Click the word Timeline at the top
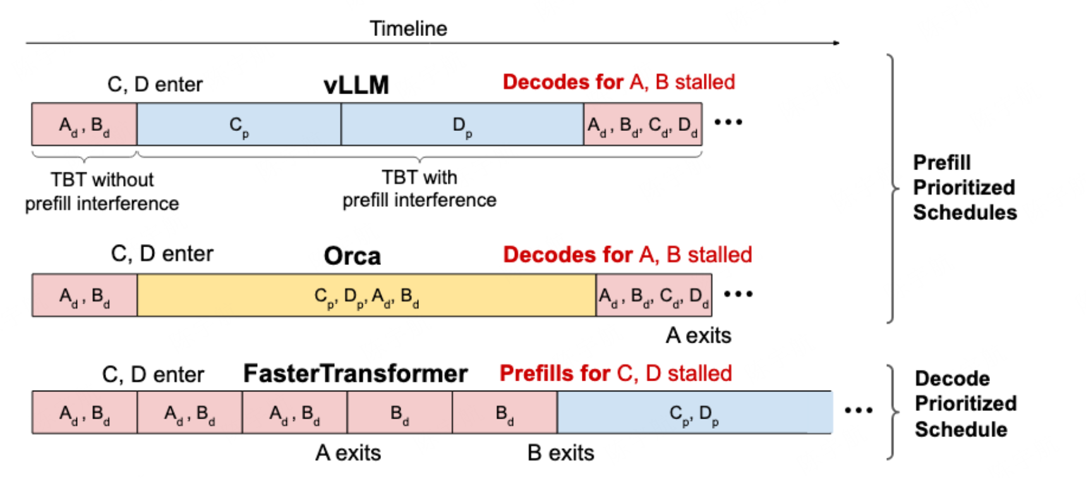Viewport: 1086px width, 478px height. [x=408, y=28]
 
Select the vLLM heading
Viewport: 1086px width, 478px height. [x=356, y=85]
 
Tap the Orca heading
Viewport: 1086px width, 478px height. [x=352, y=256]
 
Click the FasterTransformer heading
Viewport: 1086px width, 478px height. [x=355, y=374]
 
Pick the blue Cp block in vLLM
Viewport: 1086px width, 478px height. [x=239, y=125]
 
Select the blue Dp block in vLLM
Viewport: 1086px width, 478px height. [x=462, y=125]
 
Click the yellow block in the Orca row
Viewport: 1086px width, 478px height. [x=366, y=295]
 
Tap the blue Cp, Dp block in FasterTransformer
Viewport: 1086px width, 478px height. [x=694, y=413]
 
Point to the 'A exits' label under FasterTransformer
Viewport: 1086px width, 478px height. [x=348, y=453]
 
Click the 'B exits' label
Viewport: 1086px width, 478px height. [x=560, y=453]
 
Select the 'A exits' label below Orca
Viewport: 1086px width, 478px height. [x=698, y=335]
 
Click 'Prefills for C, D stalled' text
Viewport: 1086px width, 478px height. [x=615, y=374]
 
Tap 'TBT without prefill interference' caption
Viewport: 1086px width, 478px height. [x=102, y=192]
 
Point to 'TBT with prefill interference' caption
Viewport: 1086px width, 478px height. [x=419, y=188]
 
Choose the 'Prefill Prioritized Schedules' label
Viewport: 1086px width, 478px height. [x=964, y=187]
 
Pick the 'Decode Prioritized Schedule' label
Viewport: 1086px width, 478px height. [x=965, y=403]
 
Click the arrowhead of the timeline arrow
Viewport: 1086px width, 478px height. [x=836, y=43]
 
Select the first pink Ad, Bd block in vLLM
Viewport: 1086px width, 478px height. [x=84, y=125]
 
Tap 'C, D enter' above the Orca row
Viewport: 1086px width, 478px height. [x=162, y=254]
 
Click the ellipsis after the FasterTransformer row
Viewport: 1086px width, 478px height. [x=859, y=410]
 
